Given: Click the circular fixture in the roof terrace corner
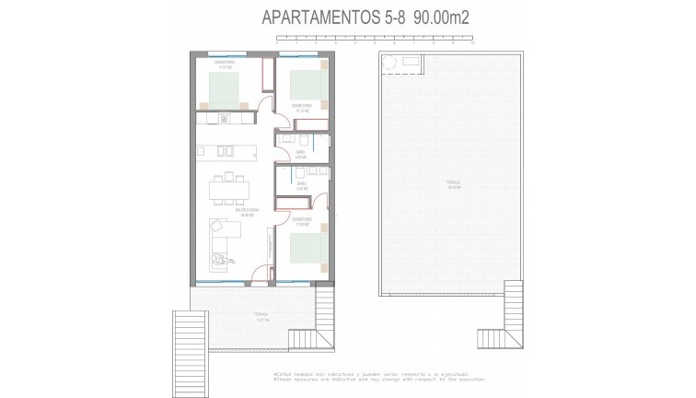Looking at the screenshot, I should [x=389, y=63].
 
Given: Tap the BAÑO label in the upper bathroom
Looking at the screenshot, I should [x=300, y=155].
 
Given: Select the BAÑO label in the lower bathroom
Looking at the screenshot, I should [x=301, y=185].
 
